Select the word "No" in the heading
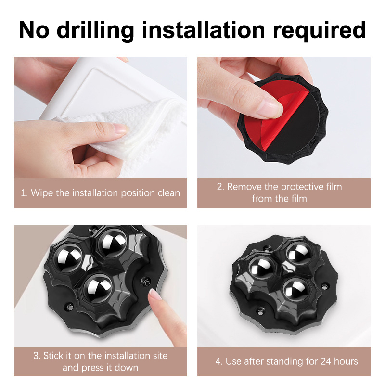point(34,30)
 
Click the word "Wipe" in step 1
point(42,193)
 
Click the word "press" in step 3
point(93,368)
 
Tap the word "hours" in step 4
point(346,361)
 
